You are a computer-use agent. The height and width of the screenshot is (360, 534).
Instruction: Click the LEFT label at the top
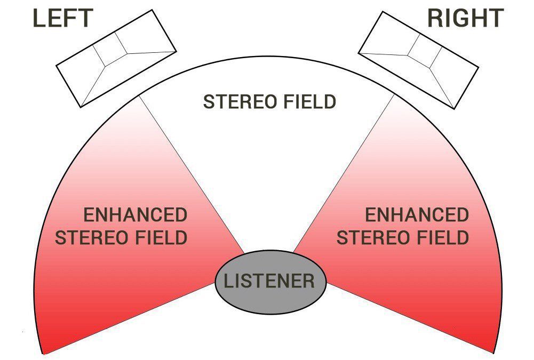point(63,19)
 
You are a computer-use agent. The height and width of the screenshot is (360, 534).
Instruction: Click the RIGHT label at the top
point(465,19)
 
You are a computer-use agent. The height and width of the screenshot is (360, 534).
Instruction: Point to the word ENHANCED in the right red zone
point(417,215)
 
